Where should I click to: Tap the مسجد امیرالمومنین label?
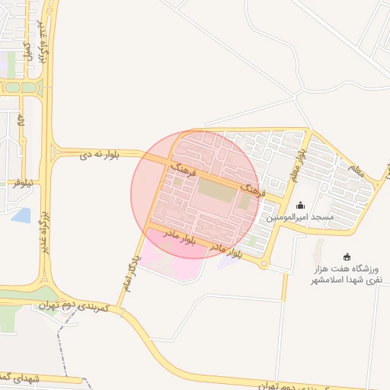300,218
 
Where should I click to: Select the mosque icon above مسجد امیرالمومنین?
300,205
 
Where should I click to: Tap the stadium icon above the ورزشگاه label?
348,256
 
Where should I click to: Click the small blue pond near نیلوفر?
21,215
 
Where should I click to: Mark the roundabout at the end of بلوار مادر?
264,264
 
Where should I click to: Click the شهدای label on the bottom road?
15,376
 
